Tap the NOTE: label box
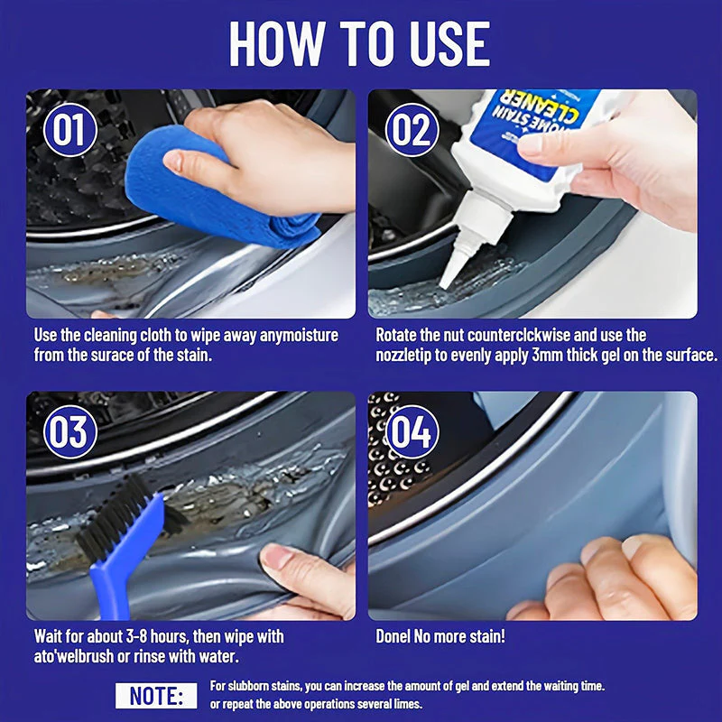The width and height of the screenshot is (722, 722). point(156,695)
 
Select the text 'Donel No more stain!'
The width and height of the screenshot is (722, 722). point(440,637)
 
